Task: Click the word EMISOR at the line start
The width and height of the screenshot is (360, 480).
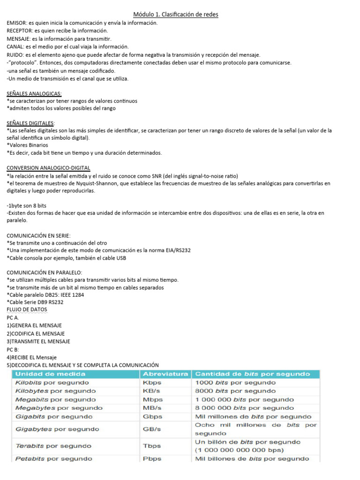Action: [x=16, y=22]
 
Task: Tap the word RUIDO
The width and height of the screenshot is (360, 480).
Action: [x=15, y=54]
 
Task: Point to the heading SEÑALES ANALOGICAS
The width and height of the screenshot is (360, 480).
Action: [x=34, y=93]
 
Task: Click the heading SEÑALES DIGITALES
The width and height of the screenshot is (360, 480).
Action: [x=30, y=123]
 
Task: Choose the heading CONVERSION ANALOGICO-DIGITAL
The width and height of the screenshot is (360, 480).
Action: [x=49, y=168]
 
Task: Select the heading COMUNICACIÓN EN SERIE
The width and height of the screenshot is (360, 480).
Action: [x=39, y=235]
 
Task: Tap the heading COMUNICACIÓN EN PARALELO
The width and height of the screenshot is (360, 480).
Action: [x=45, y=272]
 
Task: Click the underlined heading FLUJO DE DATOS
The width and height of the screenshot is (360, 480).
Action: [x=27, y=310]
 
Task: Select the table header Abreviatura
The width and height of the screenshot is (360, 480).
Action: [x=166, y=374]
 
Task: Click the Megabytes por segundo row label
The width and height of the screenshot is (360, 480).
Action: [x=59, y=408]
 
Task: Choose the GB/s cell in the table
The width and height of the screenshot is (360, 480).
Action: [x=152, y=429]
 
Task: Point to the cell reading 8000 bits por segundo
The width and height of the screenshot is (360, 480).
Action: [x=235, y=391]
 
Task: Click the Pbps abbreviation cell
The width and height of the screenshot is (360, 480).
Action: [x=152, y=459]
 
